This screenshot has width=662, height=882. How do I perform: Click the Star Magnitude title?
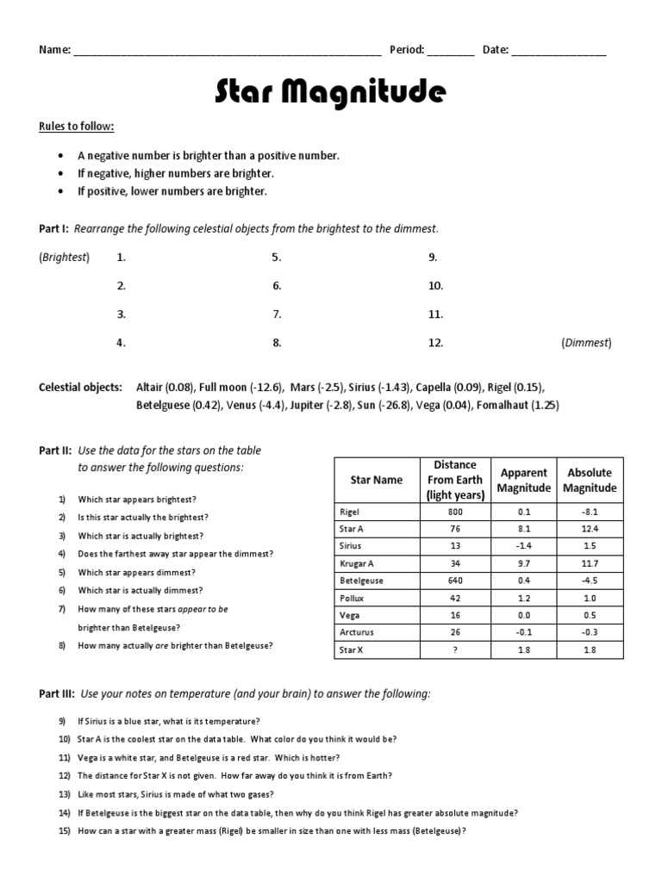pos(331,91)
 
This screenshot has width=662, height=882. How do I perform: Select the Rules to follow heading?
pos(76,127)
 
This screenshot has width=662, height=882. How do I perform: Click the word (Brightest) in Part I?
pos(64,257)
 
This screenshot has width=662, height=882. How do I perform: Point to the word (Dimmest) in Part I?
pos(586,343)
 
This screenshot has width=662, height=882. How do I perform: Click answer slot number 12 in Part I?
pos(435,343)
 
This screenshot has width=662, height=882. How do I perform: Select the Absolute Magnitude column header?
pos(590,480)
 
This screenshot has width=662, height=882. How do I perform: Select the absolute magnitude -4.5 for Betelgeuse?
pos(590,581)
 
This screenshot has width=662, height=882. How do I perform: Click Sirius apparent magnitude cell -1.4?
pos(523,546)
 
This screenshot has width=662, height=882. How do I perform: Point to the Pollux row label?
pos(353,598)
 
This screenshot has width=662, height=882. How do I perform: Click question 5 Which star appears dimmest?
pos(136,572)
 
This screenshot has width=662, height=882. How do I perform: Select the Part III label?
pos(56,693)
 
